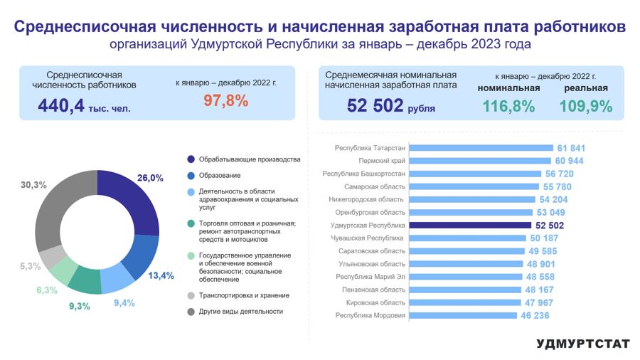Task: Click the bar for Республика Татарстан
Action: [x=481, y=148]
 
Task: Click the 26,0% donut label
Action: [x=150, y=178]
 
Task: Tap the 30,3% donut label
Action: [x=33, y=185]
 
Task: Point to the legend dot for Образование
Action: [x=191, y=175]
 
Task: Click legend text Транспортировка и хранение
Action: [x=244, y=295]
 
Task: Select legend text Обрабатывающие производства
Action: [x=250, y=159]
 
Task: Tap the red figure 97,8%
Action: [x=225, y=101]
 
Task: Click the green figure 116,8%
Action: [x=508, y=106]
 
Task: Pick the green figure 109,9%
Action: [x=586, y=106]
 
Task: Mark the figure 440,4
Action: [x=61, y=106]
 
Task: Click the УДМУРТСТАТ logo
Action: [x=583, y=344]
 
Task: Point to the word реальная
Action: [x=586, y=88]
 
